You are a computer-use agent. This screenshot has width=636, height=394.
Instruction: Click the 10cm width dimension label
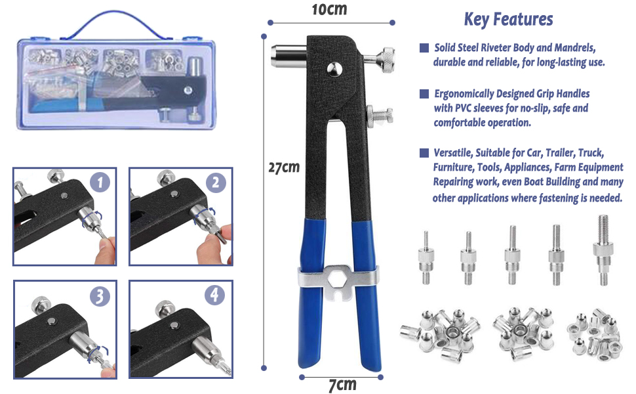[x=329, y=9]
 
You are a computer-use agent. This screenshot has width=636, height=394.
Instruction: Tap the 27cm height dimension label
[x=284, y=167]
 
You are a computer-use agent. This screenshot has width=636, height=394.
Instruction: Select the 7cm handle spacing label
[x=342, y=385]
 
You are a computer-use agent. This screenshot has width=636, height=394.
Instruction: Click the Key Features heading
[x=508, y=20]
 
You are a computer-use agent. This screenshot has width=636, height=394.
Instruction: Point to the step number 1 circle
[x=100, y=183]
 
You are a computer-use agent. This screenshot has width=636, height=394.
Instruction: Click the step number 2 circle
[x=216, y=183]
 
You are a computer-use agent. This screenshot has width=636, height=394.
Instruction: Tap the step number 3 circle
[x=100, y=295]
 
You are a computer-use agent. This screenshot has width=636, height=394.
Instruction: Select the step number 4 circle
[x=214, y=295]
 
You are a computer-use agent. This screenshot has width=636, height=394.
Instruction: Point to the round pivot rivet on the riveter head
[x=334, y=69]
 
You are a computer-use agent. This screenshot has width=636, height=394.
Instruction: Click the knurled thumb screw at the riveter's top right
[x=387, y=60]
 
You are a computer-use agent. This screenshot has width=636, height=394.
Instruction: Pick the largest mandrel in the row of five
[x=603, y=250]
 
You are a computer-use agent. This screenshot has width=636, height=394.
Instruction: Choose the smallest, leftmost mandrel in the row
[x=426, y=257]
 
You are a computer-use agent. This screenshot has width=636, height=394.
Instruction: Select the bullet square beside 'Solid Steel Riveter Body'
[x=424, y=48]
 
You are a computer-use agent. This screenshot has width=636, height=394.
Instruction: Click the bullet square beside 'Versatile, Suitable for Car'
[x=424, y=153]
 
